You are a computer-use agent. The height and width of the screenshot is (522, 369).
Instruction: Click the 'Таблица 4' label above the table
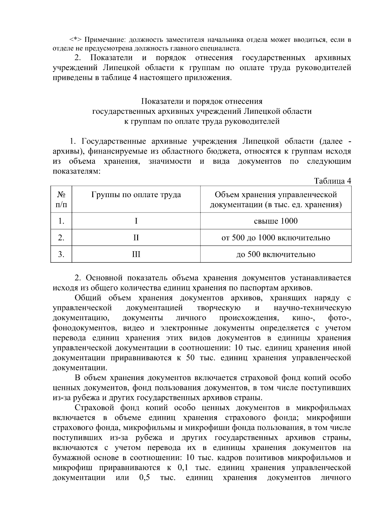(332, 181)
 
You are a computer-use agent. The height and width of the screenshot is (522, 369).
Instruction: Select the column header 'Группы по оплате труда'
(136, 195)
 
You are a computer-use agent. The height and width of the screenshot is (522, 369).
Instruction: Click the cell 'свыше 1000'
(276, 221)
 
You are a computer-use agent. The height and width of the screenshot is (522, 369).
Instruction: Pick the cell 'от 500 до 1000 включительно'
(276, 238)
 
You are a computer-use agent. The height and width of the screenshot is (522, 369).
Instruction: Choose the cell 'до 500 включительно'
(276, 254)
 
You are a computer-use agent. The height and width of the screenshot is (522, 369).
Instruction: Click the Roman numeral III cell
(136, 254)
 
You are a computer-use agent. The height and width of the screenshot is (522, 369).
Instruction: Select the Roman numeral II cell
(136, 238)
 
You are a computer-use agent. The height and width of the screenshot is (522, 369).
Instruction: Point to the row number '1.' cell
(61, 221)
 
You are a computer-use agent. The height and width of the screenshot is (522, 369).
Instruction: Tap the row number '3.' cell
(61, 254)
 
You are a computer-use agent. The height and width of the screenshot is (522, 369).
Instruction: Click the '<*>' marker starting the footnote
(76, 40)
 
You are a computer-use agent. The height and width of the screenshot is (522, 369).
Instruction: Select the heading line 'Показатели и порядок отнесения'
(202, 101)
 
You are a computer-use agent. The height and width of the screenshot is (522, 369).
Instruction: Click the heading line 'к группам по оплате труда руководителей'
(202, 121)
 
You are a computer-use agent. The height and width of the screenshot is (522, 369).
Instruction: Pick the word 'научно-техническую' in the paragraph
(312, 308)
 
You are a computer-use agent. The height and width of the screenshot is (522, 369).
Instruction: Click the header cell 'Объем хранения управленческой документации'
(276, 199)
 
